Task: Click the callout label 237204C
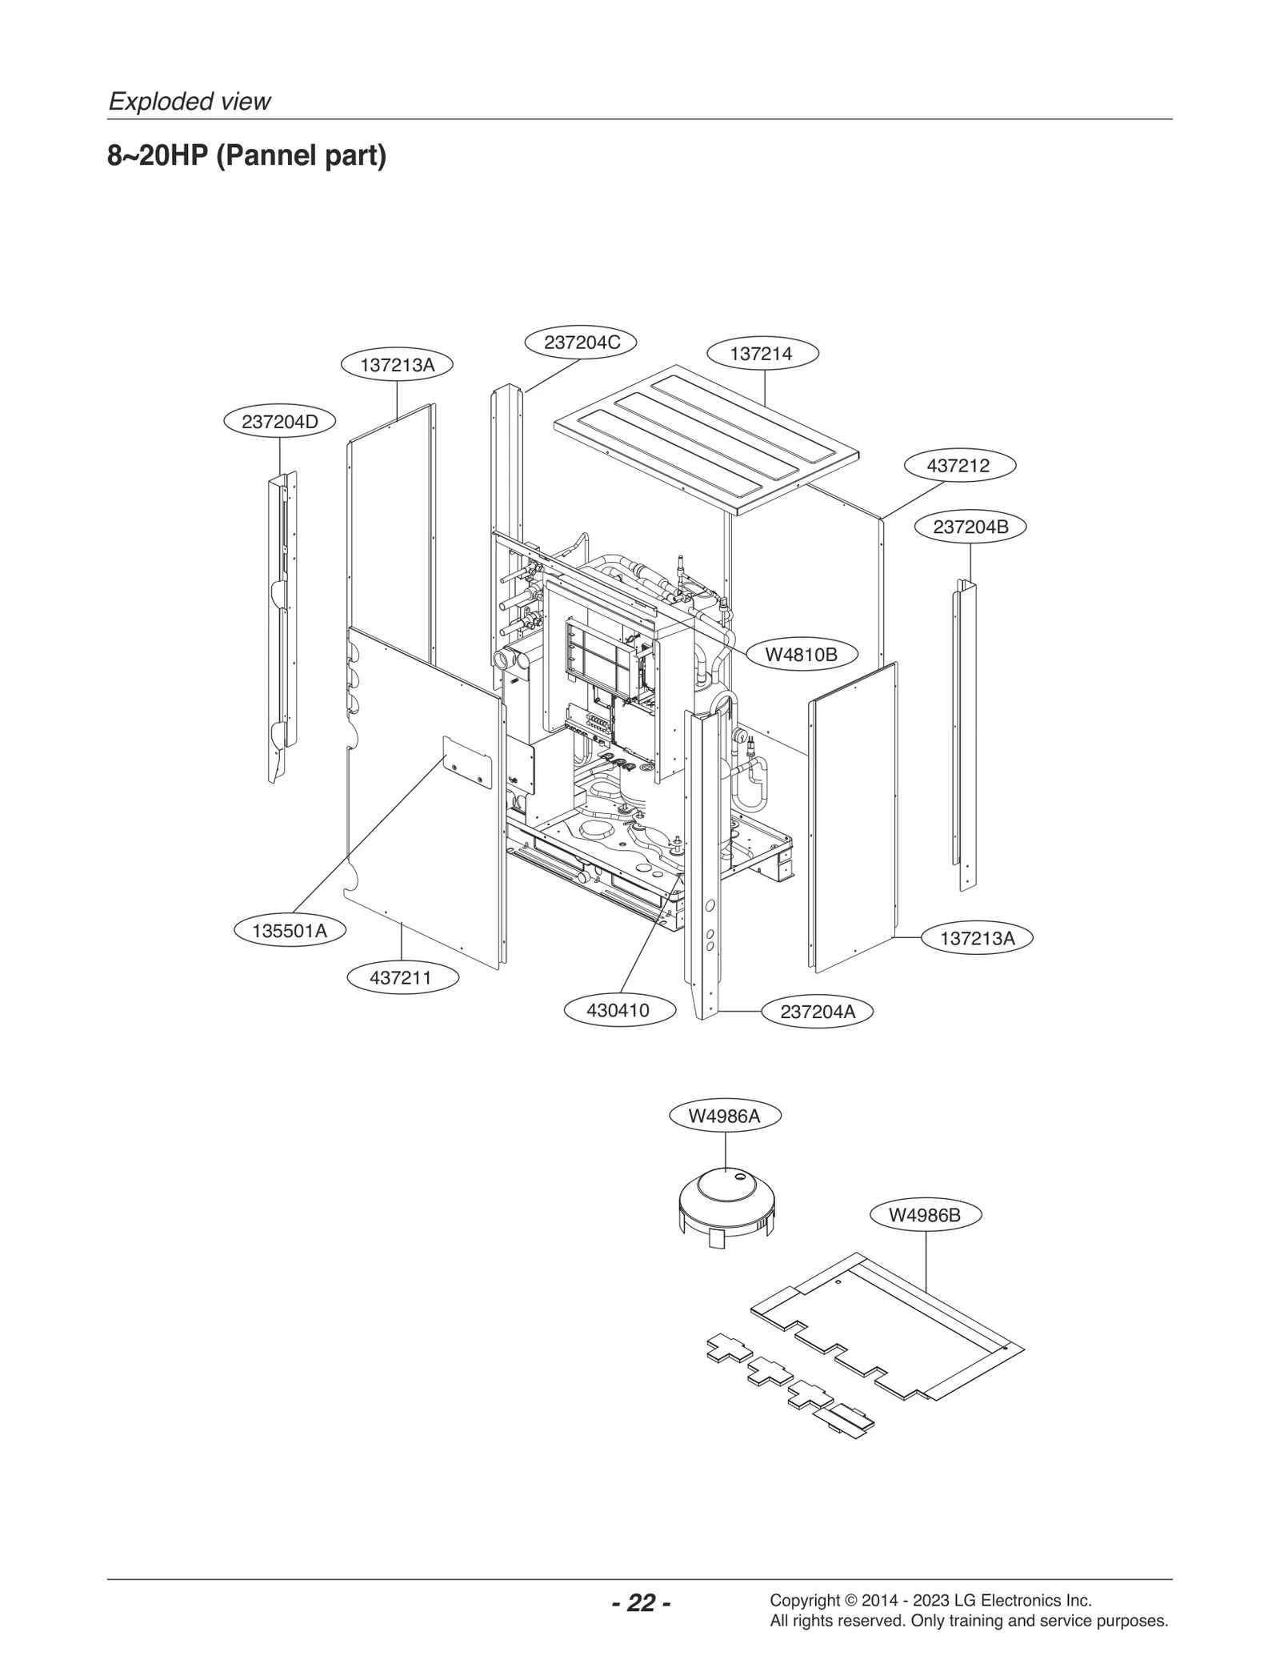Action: [x=581, y=343]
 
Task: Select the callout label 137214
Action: [x=762, y=354]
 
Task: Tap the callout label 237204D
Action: [x=279, y=422]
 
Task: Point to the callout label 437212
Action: [x=958, y=466]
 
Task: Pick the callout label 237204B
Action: [x=970, y=527]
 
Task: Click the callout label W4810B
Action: [x=801, y=655]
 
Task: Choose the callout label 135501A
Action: [x=290, y=931]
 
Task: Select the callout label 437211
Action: [x=402, y=977]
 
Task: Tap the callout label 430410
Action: [x=618, y=1010]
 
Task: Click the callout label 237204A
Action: [x=817, y=1012]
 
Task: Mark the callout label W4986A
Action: [x=725, y=1116]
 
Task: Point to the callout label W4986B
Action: [x=924, y=1215]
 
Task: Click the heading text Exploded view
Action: [x=190, y=102]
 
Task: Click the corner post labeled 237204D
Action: [x=282, y=624]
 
